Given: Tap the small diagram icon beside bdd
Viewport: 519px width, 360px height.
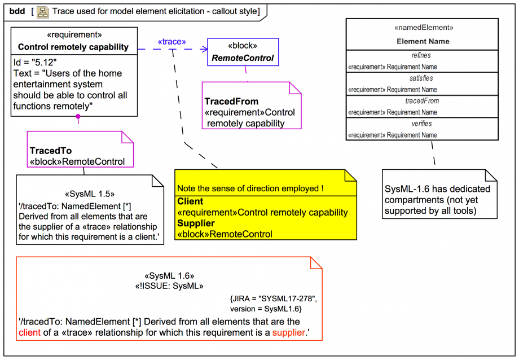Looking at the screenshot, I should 43,11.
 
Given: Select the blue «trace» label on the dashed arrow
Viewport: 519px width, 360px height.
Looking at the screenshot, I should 171,41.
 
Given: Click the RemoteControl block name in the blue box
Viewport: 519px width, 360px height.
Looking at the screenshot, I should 243,58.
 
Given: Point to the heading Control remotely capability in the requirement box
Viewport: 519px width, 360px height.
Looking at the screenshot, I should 73,47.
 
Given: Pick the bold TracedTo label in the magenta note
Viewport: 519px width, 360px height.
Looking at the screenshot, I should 51,151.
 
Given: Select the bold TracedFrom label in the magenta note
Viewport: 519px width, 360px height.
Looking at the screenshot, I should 231,102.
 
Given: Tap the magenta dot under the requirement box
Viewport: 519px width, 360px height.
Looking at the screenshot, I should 78,117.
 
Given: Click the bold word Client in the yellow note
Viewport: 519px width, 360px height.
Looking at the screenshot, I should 190,201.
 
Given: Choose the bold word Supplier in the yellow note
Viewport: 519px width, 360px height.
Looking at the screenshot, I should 196,223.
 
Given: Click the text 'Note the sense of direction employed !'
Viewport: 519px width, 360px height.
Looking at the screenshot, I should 250,188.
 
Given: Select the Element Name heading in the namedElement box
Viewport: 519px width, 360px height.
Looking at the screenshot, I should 423,41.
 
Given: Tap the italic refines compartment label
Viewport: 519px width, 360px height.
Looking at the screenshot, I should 422,55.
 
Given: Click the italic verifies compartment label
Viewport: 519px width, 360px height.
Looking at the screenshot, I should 422,124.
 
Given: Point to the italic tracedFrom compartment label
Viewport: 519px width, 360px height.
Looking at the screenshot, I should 422,101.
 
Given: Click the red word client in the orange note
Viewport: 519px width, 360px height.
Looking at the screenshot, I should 29,332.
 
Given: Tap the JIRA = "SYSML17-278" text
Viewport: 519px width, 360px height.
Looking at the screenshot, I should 273,298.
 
